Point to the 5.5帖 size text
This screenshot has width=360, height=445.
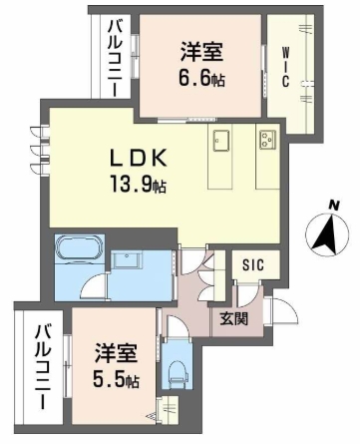(119, 380)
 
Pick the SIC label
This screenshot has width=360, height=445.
(253, 265)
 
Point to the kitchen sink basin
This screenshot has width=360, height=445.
(221, 139)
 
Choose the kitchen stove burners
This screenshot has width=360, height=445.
(268, 138)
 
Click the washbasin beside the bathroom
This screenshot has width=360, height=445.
(130, 261)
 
